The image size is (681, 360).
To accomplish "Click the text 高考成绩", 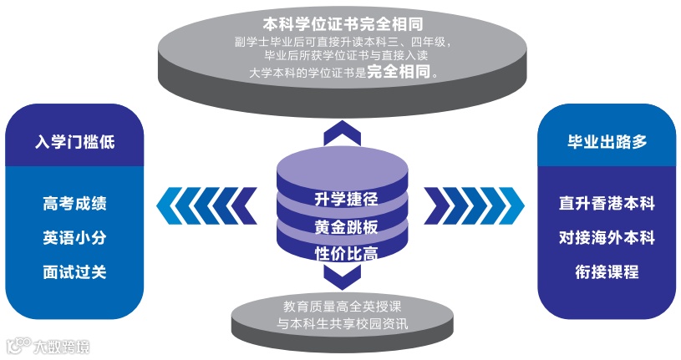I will pos(75,203).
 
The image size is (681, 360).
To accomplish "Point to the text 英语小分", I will pos(75,237).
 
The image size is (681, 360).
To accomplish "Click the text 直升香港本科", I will pos(607,203).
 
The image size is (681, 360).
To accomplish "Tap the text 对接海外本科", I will pos(607,237).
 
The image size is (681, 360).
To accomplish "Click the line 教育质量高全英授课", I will pos(343,306).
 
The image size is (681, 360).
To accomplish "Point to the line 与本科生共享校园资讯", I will pos(343,322).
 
